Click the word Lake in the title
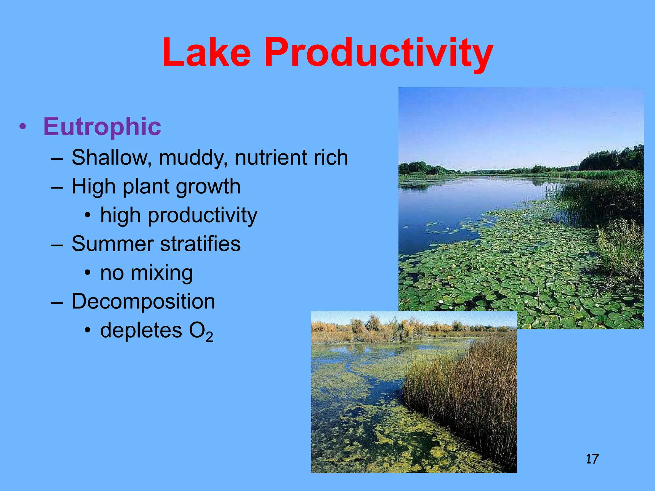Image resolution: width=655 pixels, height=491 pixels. click(206, 53)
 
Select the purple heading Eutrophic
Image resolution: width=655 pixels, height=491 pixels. click(102, 127)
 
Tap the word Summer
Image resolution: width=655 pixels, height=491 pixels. click(113, 244)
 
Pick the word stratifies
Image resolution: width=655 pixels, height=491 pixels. click(200, 244)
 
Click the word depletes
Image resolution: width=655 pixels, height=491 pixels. click(141, 331)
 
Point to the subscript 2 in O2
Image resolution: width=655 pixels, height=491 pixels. click(209, 337)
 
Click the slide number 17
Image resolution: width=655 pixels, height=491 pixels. click(592, 459)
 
